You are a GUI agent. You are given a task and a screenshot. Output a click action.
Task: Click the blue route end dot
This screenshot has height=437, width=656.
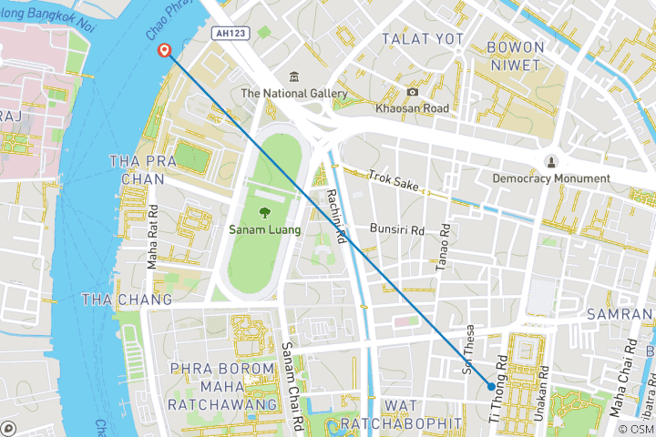tap(492, 386)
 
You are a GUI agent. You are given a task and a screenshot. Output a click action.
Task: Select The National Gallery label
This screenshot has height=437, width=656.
tap(294, 94)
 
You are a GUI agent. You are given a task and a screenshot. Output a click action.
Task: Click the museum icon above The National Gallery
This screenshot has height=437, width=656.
tap(294, 76)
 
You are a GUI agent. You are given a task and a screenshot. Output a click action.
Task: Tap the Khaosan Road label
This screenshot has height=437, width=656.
tap(413, 108)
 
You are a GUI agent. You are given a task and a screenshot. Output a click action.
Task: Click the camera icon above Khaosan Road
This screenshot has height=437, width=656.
tap(413, 91)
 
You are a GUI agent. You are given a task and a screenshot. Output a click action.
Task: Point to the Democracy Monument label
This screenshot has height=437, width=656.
tap(550, 178)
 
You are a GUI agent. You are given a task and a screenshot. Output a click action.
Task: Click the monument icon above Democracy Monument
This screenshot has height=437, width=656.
tap(550, 161)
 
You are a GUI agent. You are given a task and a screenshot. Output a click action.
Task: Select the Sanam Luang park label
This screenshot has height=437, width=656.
tap(262, 229)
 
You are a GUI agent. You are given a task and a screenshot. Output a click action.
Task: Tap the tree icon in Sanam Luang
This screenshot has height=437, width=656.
tap(262, 211)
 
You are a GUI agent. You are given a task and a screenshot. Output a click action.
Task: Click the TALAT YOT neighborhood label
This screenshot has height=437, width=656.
tap(422, 39)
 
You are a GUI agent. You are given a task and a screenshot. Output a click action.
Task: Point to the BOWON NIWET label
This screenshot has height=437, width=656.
tap(515, 55)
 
